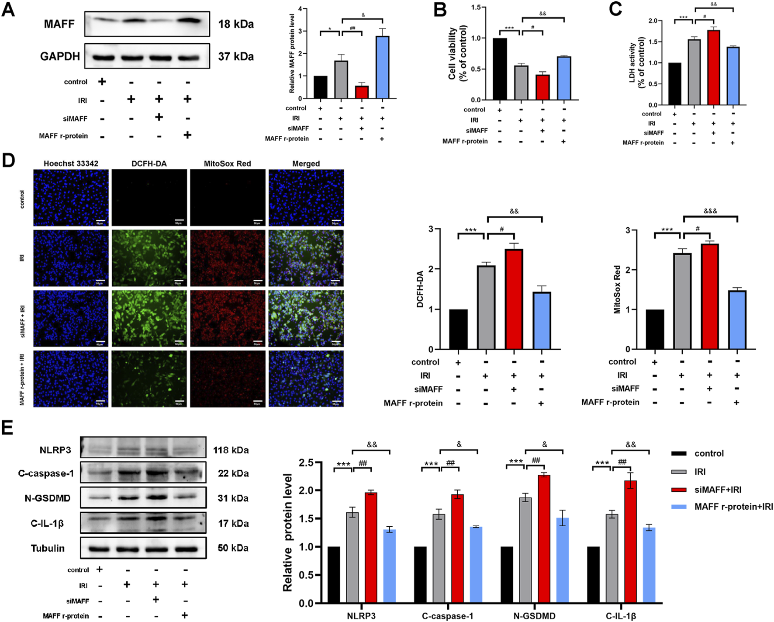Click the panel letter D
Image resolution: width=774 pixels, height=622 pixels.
(8, 160)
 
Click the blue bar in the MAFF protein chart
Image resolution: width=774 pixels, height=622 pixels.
(383, 67)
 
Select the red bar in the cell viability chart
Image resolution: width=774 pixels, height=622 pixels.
(542, 87)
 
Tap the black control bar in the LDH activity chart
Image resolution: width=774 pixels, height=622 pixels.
(675, 84)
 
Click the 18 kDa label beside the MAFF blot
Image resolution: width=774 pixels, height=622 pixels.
(236, 24)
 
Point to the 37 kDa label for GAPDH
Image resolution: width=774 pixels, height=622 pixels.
(236, 56)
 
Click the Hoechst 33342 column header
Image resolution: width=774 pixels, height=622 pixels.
(71, 163)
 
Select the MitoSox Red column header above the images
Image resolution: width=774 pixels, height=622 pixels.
(227, 163)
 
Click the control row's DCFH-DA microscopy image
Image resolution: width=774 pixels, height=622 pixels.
(149, 198)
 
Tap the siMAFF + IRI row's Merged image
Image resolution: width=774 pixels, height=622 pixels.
(306, 318)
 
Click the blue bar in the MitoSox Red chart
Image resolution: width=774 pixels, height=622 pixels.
(737, 320)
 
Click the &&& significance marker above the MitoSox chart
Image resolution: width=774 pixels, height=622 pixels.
(710, 211)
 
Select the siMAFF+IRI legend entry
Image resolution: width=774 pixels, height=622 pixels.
(718, 490)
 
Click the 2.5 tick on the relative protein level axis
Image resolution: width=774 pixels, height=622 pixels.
(307, 462)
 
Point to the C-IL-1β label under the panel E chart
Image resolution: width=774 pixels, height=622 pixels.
(621, 616)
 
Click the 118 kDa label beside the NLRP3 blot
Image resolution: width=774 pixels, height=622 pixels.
(231, 450)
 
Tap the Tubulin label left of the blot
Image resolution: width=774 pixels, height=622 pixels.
(48, 548)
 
